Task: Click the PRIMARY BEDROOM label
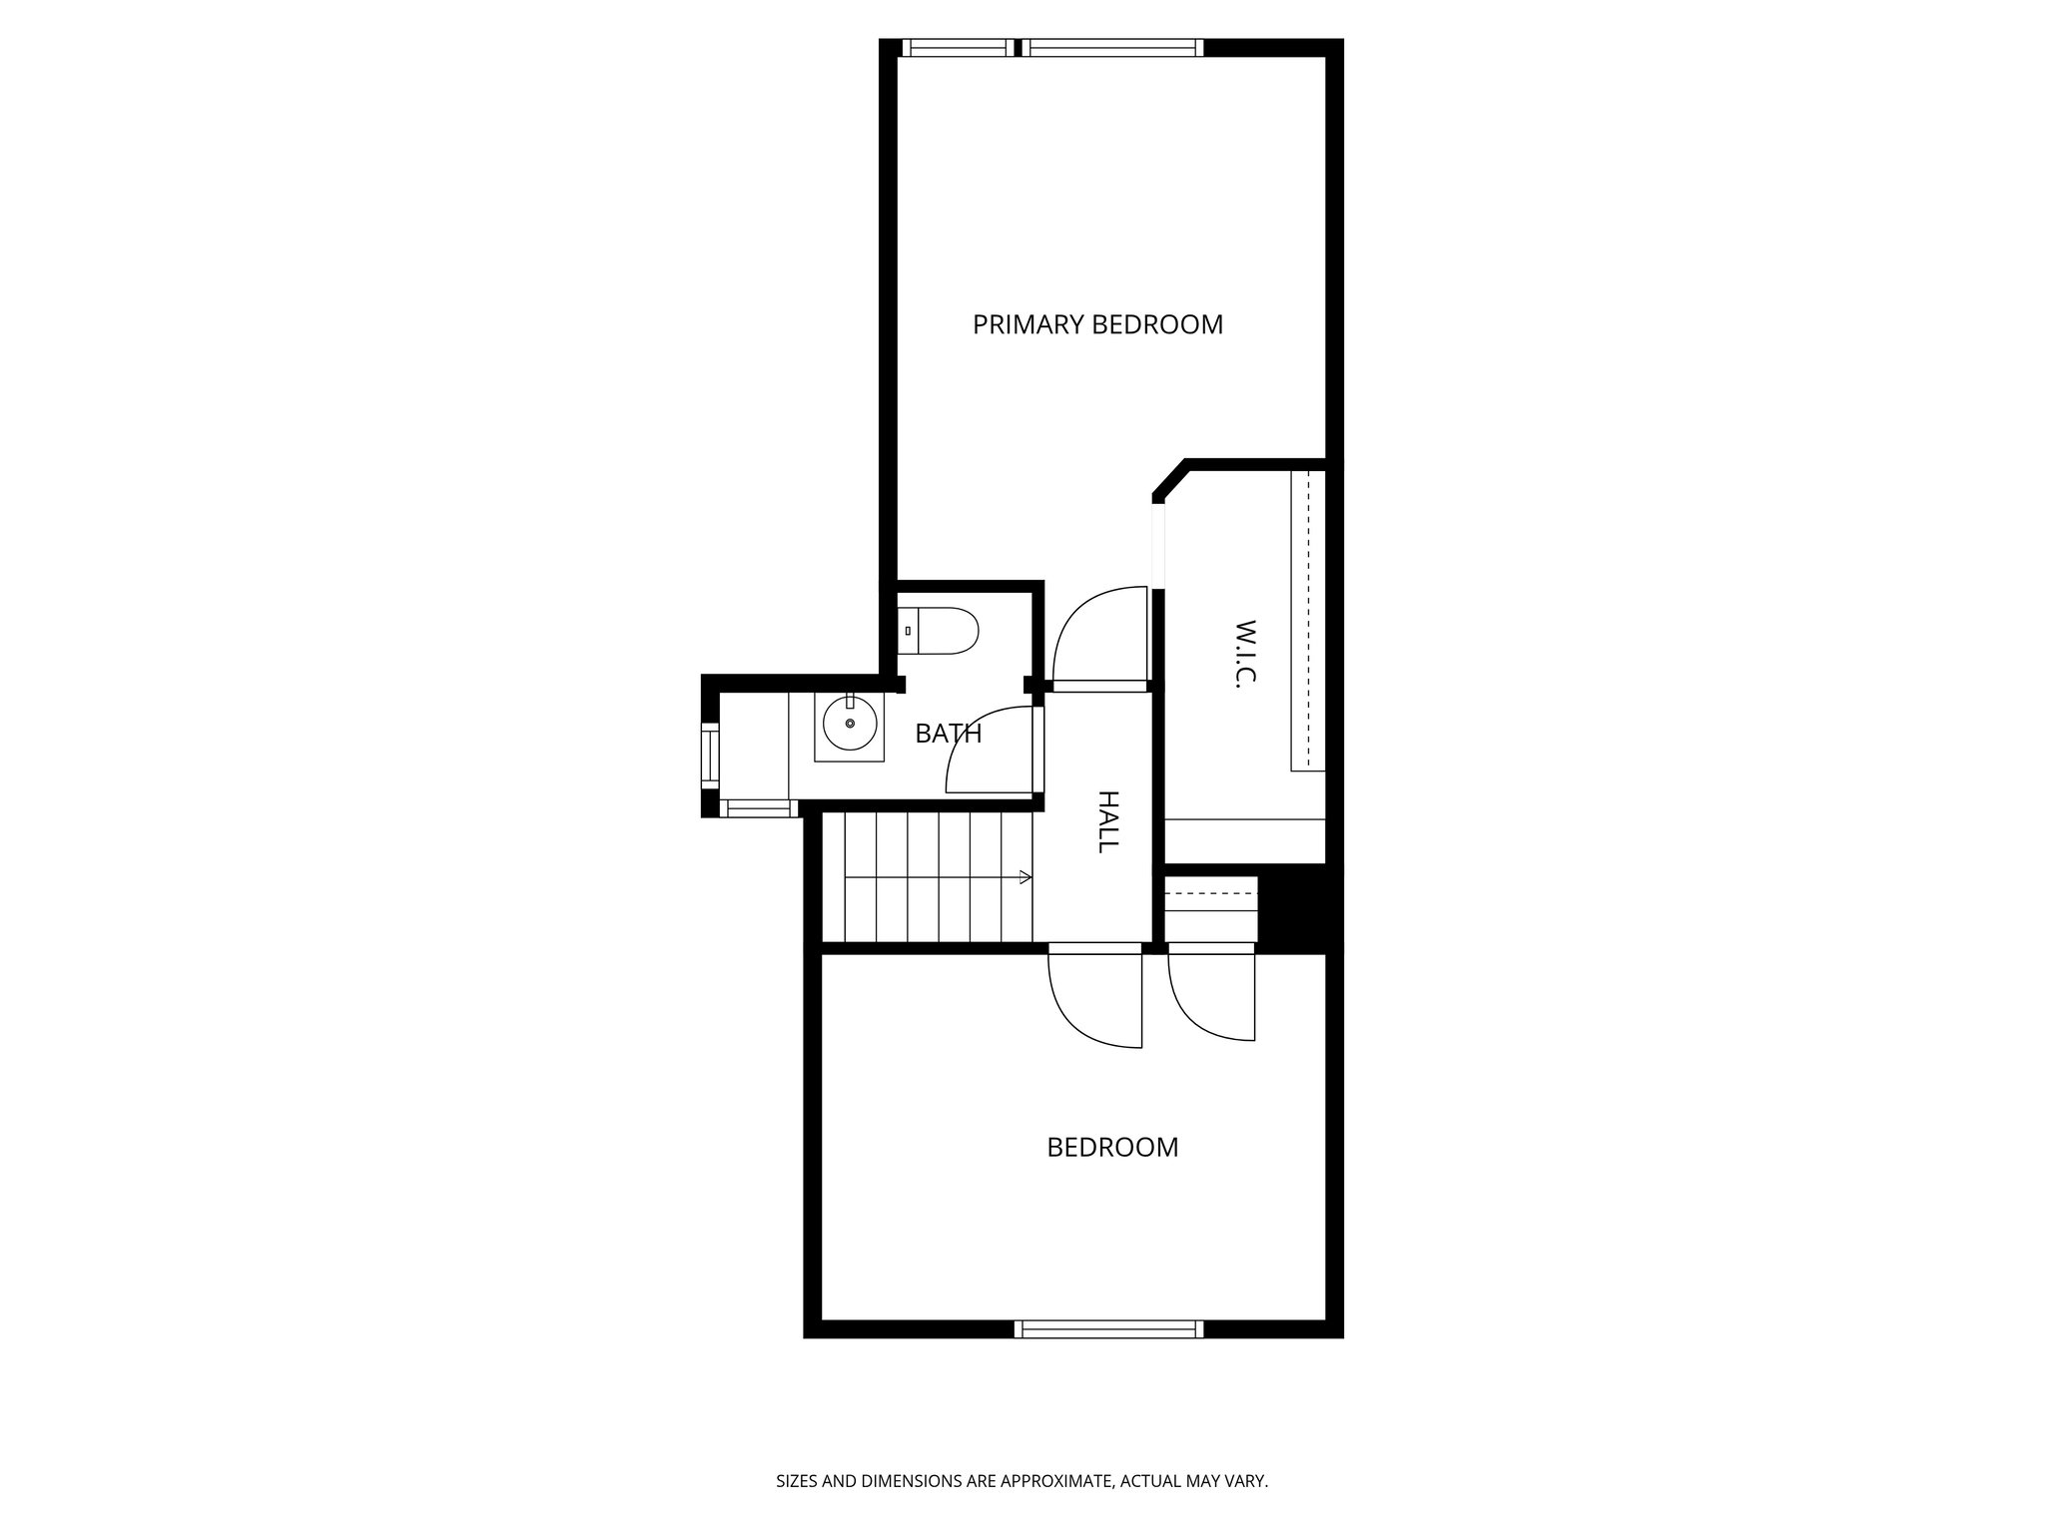click(x=1097, y=324)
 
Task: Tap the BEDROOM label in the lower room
click(x=1112, y=1147)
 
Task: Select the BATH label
click(x=948, y=734)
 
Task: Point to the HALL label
click(x=1107, y=821)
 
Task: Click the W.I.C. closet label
click(x=1244, y=653)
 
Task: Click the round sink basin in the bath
click(x=850, y=724)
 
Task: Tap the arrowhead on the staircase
click(x=1025, y=877)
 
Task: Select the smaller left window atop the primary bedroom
click(x=956, y=47)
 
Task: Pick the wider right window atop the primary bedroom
click(x=1111, y=47)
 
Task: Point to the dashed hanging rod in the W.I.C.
click(x=1307, y=619)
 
